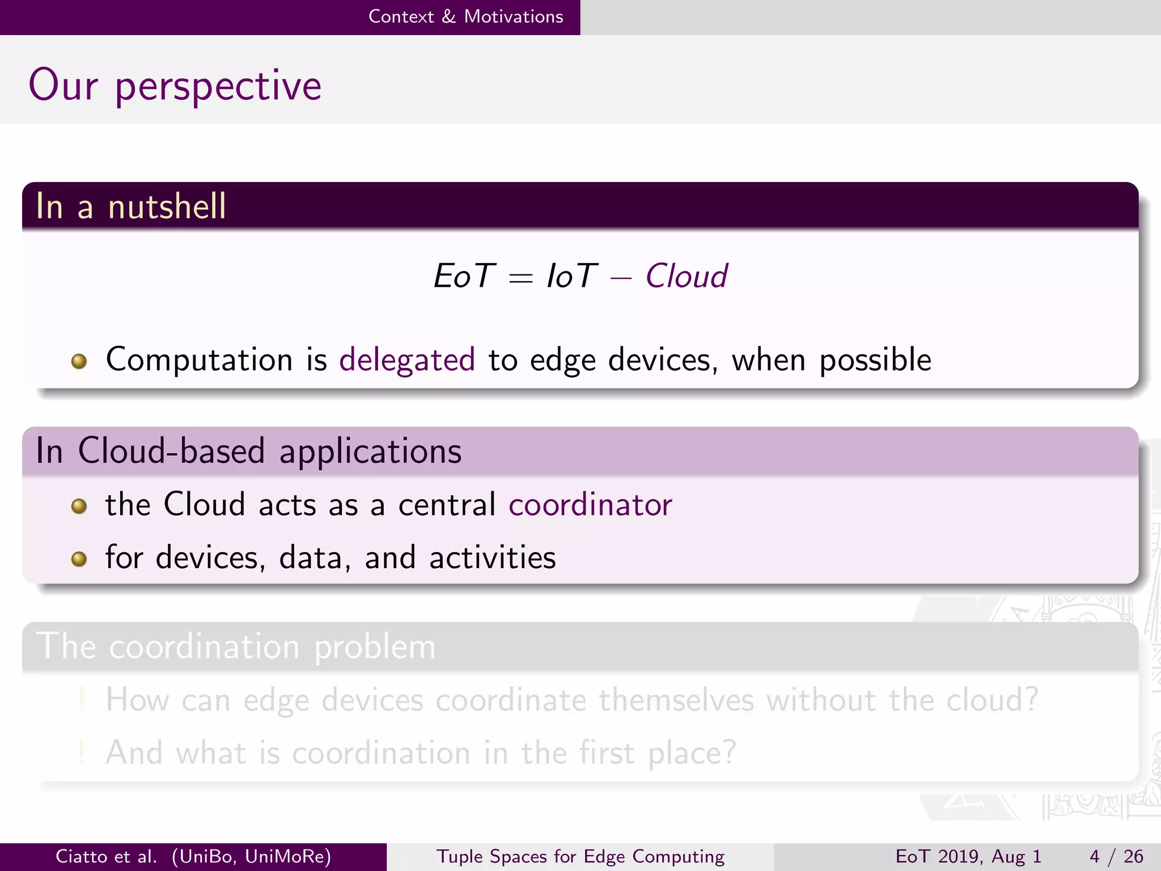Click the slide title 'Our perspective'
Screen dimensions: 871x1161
pos(175,86)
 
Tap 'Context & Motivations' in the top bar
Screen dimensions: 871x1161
pos(465,16)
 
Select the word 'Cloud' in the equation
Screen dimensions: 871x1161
pos(686,276)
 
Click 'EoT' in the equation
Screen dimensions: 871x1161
pos(464,276)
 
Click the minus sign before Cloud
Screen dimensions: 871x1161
pos(621,278)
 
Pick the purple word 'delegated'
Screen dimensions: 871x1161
pos(406,360)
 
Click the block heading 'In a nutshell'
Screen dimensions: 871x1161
pos(131,206)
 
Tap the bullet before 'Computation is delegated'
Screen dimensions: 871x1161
pos(79,361)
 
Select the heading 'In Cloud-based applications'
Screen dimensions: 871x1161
pos(248,451)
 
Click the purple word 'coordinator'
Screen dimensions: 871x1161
pos(590,504)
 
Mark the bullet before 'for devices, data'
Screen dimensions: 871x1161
pos(79,559)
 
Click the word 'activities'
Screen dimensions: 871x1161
pos(492,557)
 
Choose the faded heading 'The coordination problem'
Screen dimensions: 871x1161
pos(236,646)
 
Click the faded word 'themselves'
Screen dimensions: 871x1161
pos(676,700)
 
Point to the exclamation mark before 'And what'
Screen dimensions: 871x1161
pos(82,752)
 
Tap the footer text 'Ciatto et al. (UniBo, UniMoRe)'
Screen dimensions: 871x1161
pos(193,856)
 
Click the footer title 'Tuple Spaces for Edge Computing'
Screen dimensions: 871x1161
pos(580,856)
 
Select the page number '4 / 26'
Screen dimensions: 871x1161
pos(1116,856)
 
